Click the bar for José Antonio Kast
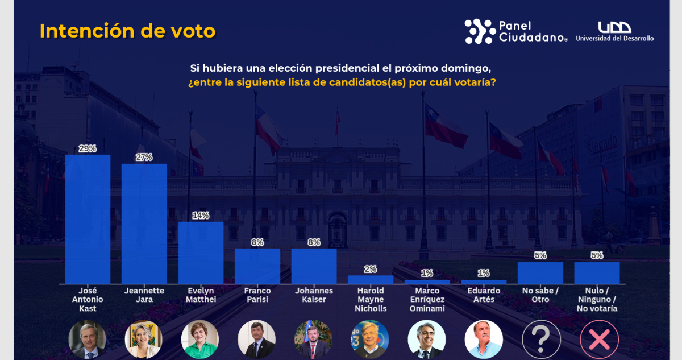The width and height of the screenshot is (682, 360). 88,219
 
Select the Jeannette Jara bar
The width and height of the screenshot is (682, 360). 144,224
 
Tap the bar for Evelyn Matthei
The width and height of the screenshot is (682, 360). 201,253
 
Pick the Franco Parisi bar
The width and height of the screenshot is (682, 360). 257,266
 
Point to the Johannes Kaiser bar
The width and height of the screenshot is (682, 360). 314,266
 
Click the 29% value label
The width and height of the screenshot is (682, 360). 88,148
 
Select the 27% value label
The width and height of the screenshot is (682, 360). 144,158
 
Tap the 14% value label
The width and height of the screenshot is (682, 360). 201,216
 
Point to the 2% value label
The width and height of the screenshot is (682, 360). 371,269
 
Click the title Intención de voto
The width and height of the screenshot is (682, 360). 127,31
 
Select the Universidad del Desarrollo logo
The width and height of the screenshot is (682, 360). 614,31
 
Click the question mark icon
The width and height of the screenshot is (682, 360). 541,340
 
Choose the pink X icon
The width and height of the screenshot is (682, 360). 598,340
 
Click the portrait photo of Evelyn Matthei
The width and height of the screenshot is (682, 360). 200,340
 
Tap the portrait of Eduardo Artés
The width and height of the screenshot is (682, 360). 484,340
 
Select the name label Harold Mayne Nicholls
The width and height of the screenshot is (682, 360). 371,300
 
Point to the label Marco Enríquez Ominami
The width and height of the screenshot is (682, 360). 427,300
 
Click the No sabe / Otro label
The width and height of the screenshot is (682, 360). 540,295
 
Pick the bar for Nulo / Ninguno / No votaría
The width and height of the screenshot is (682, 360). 597,272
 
